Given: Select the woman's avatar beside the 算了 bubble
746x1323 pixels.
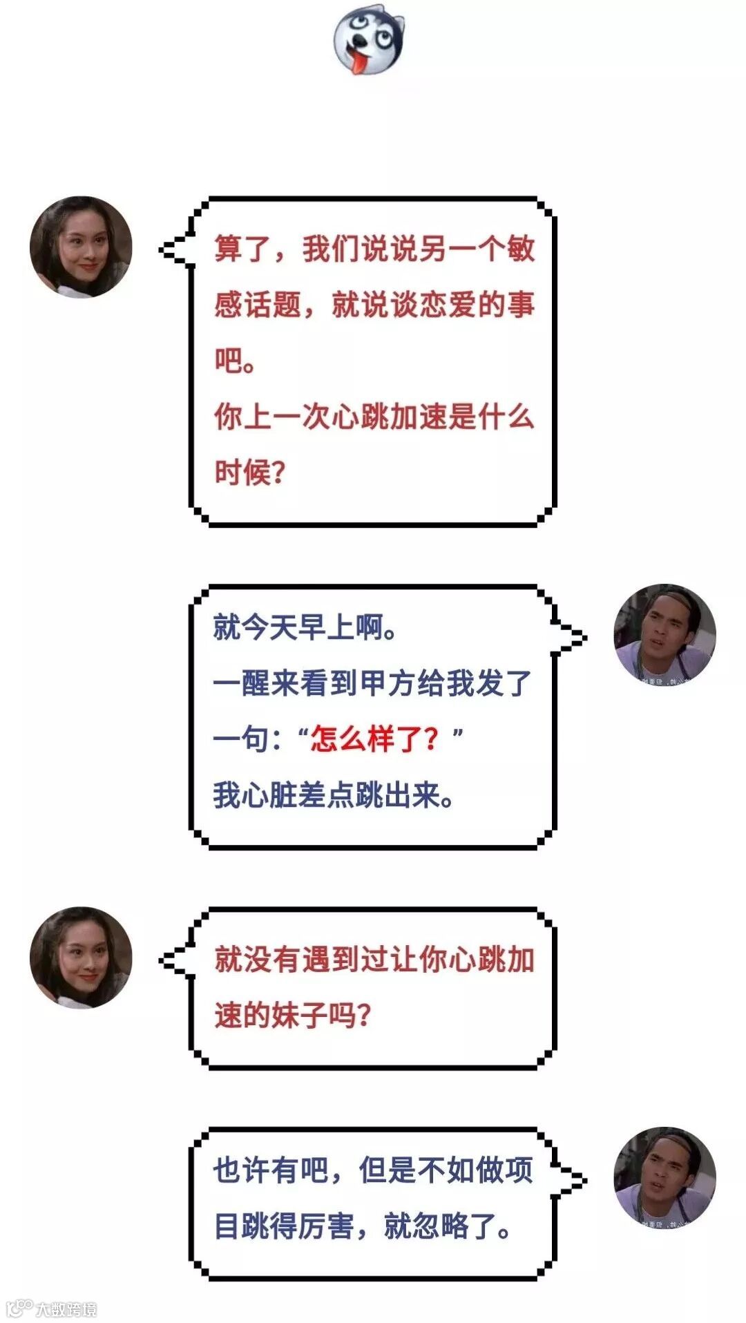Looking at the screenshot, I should (81, 247).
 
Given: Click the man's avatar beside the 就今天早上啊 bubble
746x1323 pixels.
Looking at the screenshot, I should (664, 635).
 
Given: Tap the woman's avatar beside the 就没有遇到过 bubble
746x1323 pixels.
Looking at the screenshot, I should (81, 958).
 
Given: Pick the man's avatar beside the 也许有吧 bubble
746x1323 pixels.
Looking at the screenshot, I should (664, 1178).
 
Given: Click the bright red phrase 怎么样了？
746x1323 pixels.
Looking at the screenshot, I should (374, 739).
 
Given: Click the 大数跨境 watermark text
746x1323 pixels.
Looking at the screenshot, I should (65, 1308).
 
